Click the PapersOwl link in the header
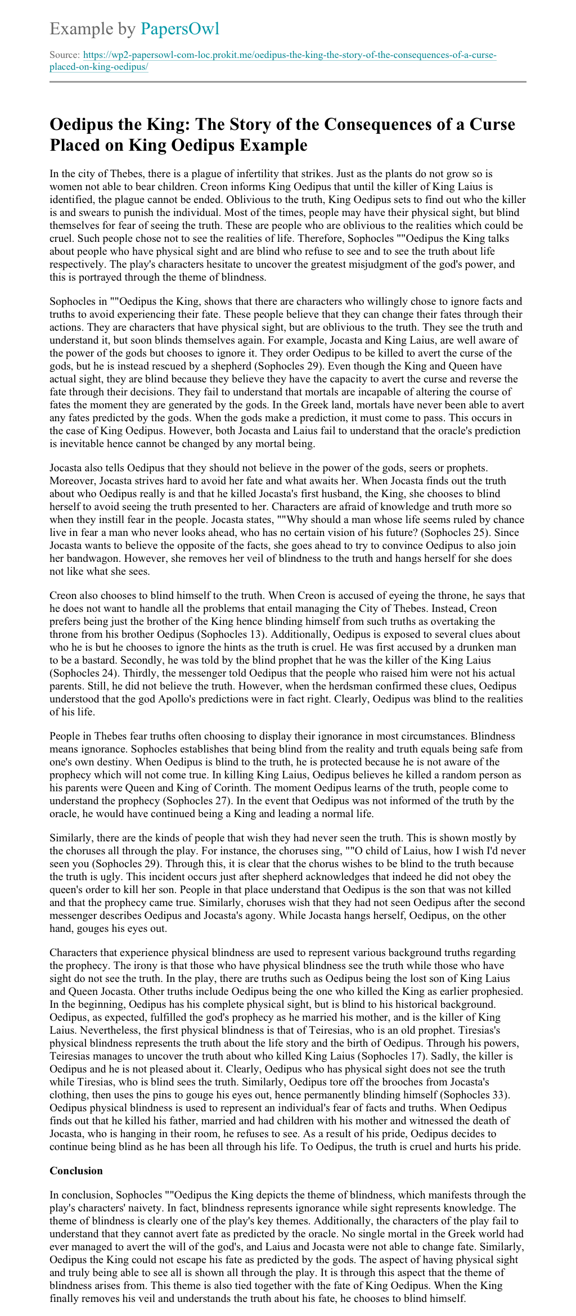pos(180,29)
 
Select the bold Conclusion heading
pos(76,1170)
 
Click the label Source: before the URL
pos(65,55)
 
